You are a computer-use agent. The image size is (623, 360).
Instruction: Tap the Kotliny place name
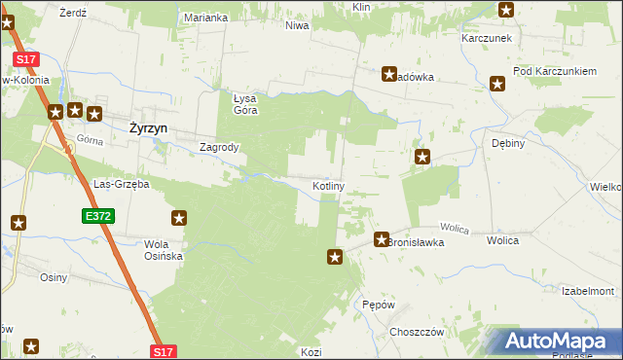click(327, 185)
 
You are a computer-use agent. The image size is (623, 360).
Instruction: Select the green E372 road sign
click(95, 214)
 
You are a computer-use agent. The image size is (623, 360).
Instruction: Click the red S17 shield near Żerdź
click(25, 59)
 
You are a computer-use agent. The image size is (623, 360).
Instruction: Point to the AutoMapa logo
click(555, 342)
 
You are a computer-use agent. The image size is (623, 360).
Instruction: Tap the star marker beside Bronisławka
click(382, 238)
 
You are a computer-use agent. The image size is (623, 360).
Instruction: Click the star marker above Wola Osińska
click(179, 219)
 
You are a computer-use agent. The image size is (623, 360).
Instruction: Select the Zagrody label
click(219, 148)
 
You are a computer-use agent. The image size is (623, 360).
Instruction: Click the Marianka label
click(205, 18)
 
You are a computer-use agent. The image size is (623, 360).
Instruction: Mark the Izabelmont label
click(588, 291)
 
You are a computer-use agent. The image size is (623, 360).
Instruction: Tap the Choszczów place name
click(416, 332)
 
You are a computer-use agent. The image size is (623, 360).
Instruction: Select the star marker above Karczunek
click(506, 11)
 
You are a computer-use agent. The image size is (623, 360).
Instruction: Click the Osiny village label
click(53, 278)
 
